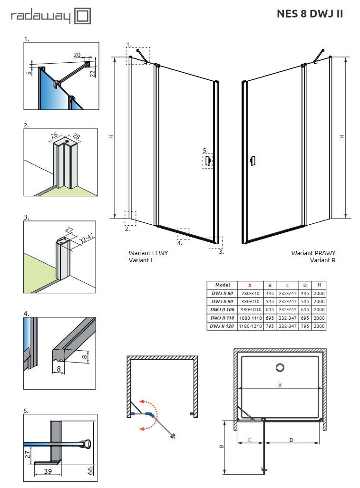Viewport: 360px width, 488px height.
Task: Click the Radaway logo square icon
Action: (82, 17)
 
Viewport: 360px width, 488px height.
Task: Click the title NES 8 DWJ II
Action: (310, 14)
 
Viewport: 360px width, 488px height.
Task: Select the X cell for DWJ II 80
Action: (250, 293)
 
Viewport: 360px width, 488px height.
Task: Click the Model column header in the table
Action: (223, 285)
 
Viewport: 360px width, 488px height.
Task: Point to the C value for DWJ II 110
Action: (288, 318)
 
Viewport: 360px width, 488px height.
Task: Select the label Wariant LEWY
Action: (148, 253)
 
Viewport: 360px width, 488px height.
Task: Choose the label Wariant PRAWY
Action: (313, 253)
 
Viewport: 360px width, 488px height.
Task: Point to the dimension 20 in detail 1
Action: (78, 55)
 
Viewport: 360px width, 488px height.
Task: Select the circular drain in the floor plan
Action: (280, 367)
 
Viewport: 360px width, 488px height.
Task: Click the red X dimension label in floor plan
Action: (280, 385)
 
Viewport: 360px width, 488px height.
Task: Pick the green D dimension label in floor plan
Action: (292, 440)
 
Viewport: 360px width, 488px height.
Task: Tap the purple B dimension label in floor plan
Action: (221, 447)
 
